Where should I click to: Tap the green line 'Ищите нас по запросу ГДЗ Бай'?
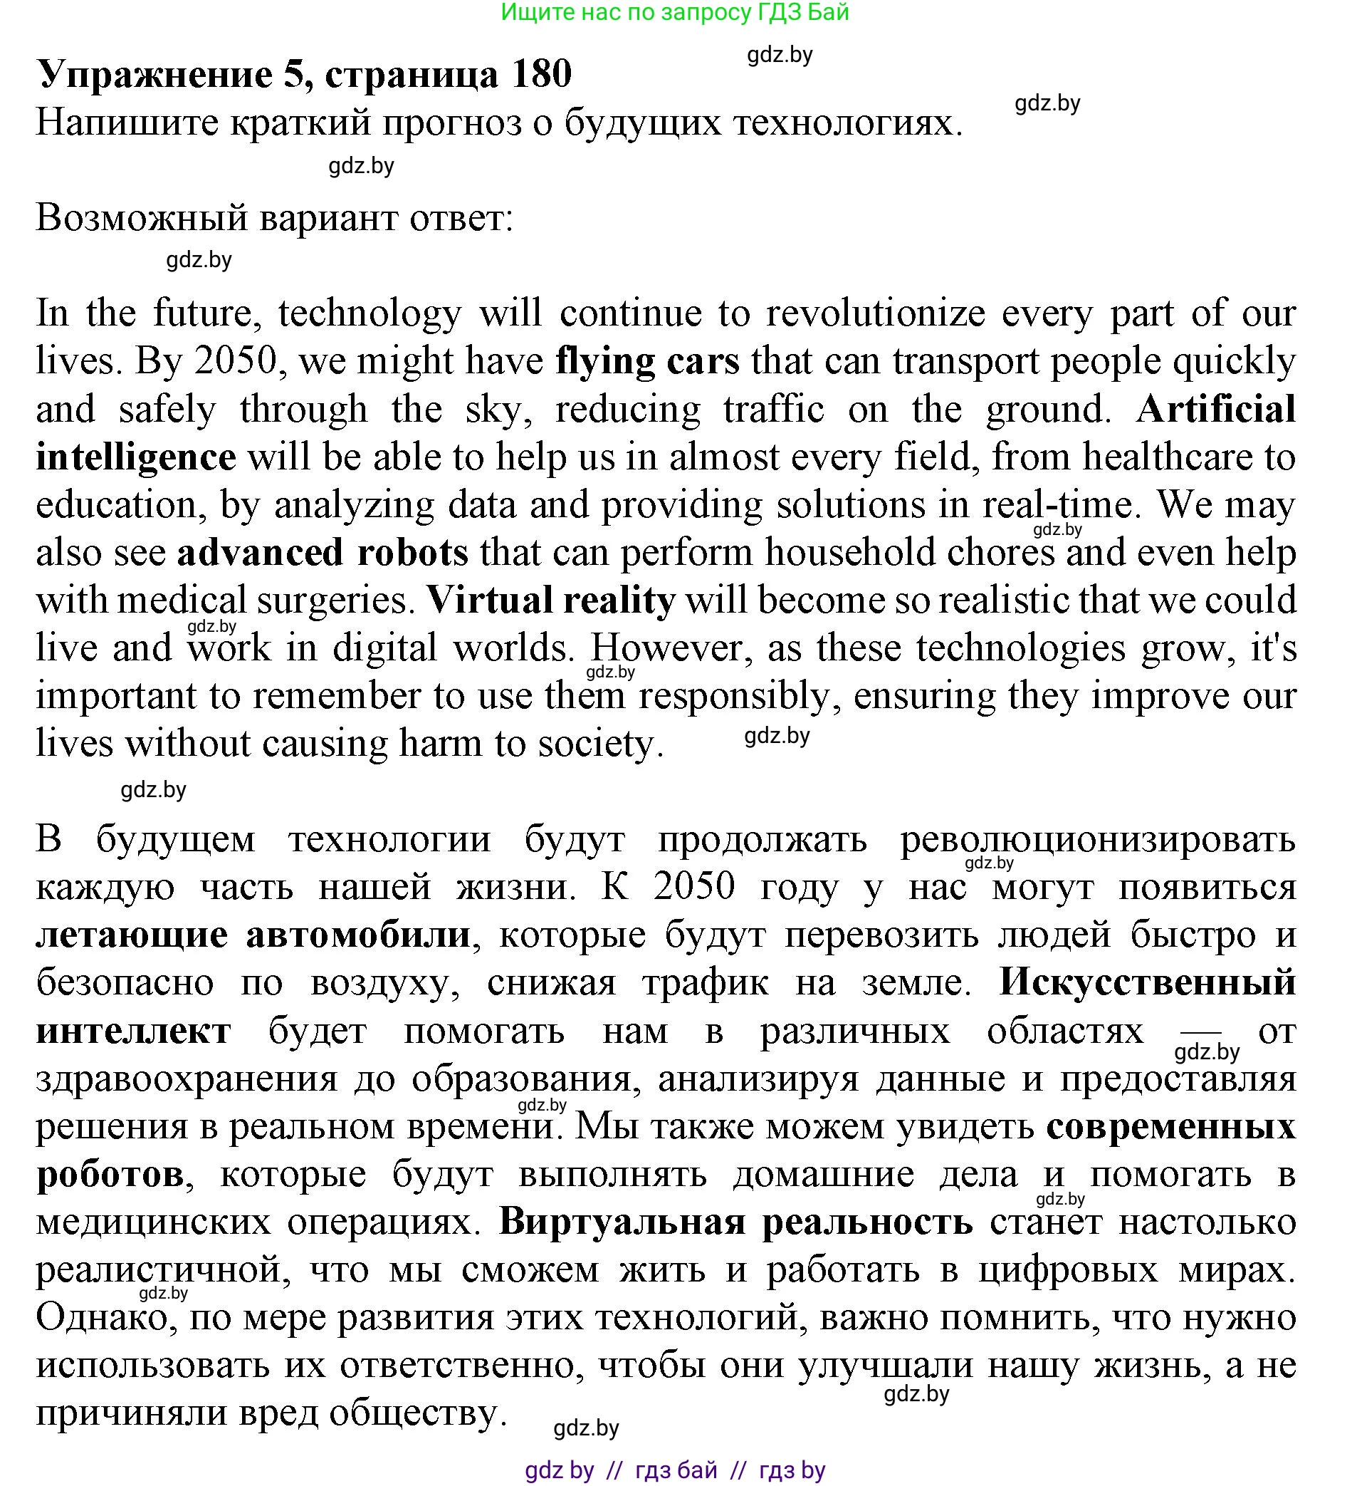coord(675,13)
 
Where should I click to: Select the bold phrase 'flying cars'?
coord(648,361)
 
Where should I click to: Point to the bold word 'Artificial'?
coord(1216,409)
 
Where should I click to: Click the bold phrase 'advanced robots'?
coord(323,552)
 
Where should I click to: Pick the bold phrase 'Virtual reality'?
coord(551,600)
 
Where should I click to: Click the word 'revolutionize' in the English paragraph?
coord(875,313)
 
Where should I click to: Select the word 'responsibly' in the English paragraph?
coord(734,696)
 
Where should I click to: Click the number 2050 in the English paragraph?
coord(236,361)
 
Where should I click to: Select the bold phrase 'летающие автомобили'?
coord(253,935)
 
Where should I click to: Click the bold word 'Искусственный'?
coord(1147,982)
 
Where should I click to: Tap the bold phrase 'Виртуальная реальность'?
coord(735,1222)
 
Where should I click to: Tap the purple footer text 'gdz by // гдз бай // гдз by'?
coord(675,1470)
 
